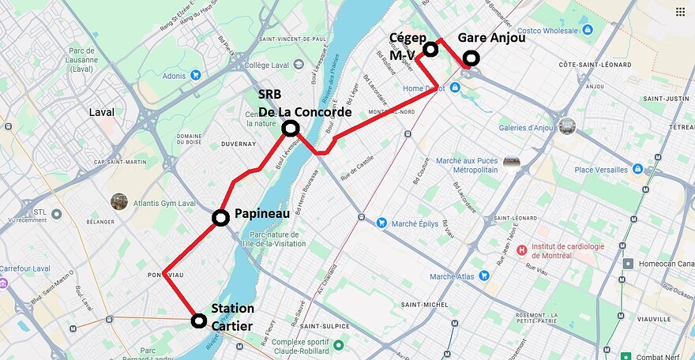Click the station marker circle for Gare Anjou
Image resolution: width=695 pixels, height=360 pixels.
click(x=471, y=58)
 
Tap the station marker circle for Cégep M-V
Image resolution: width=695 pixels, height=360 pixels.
click(x=430, y=50)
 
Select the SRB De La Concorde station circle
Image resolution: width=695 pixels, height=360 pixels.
click(x=291, y=128)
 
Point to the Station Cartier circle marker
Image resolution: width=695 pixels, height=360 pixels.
click(x=199, y=321)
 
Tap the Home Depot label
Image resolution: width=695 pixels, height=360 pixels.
click(x=424, y=88)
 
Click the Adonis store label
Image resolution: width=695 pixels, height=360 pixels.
click(x=174, y=75)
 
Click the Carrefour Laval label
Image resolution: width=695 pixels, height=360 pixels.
click(x=25, y=268)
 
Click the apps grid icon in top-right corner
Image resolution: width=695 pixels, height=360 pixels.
click(x=680, y=11)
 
